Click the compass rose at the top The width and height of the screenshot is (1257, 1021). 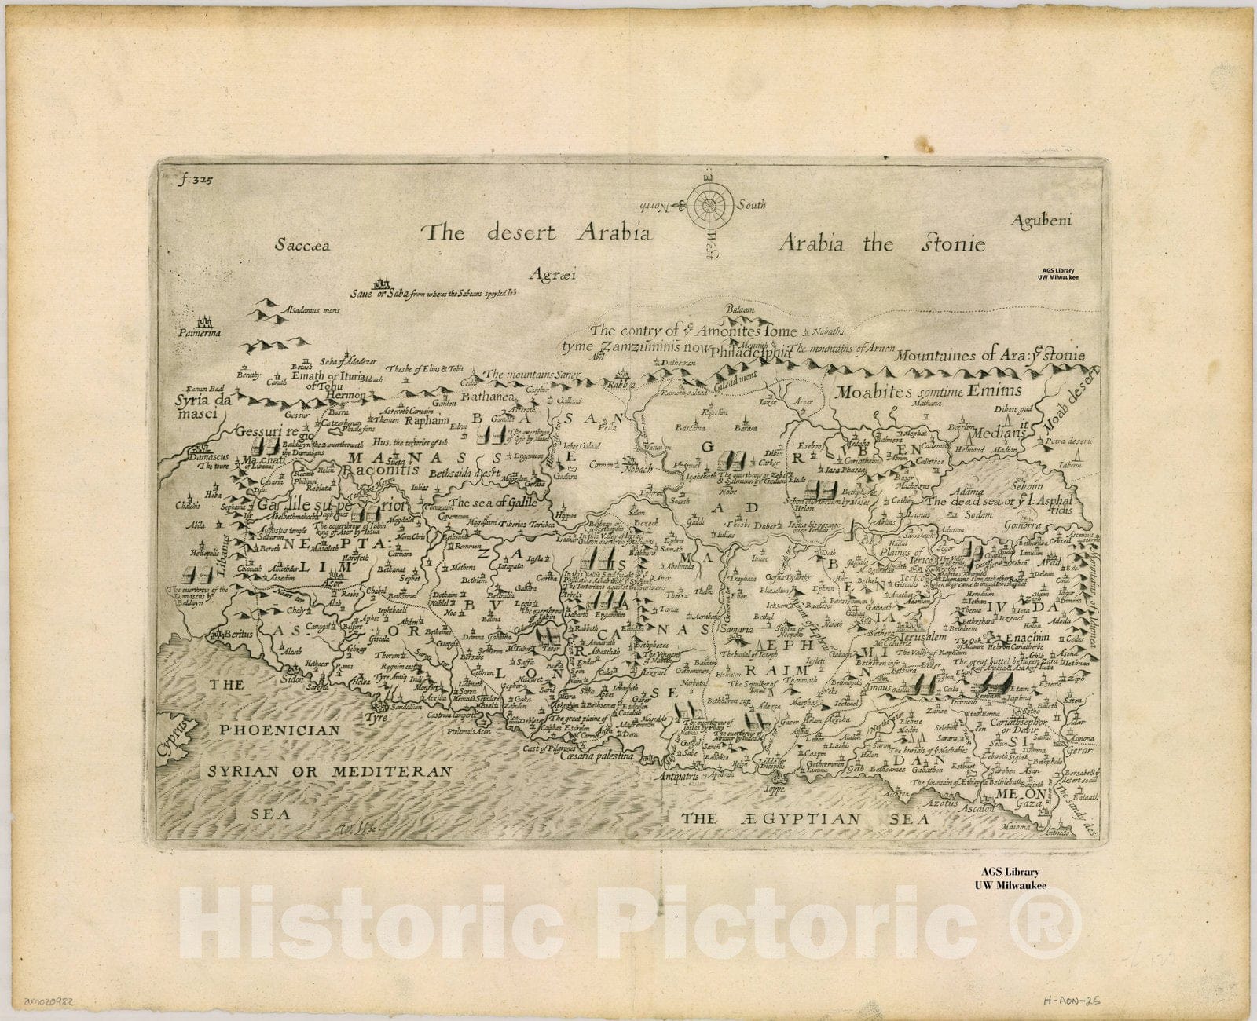(709, 204)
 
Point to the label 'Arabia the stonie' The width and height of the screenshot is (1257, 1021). (881, 243)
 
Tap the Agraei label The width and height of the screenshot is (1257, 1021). (552, 274)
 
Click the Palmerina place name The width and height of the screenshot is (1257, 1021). (200, 332)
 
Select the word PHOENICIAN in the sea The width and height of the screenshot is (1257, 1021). (275, 730)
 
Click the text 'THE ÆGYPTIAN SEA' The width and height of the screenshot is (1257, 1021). (805, 818)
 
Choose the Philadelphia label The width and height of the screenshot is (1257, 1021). (753, 353)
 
